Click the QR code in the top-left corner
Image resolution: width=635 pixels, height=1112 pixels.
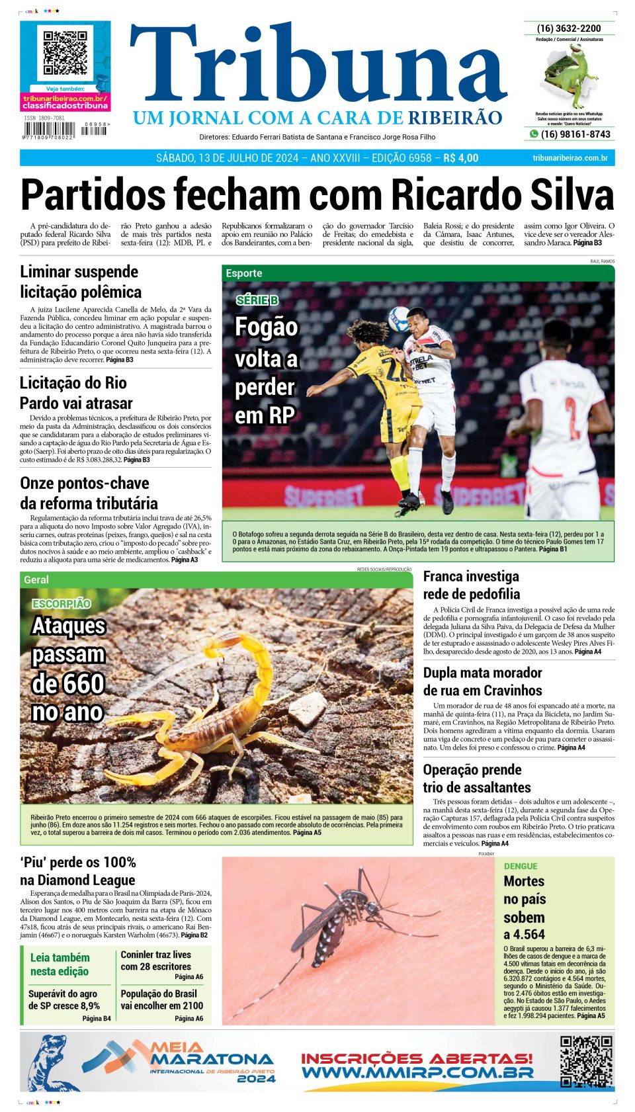tap(65, 52)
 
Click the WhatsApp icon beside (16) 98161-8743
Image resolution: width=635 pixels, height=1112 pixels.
tap(534, 134)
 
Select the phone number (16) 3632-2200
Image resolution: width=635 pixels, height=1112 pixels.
tap(569, 28)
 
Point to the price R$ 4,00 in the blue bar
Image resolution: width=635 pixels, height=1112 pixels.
tap(460, 158)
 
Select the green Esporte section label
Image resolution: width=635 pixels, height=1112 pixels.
tap(244, 273)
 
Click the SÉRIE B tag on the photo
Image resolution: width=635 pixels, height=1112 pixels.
tap(257, 300)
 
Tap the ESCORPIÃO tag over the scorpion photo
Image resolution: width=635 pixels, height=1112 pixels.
tap(62, 603)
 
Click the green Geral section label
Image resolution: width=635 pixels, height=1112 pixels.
tap(36, 579)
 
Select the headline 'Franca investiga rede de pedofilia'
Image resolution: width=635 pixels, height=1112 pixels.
tap(471, 585)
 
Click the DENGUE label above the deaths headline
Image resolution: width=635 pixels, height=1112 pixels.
tap(521, 866)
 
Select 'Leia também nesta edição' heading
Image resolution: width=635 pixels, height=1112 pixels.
tap(60, 964)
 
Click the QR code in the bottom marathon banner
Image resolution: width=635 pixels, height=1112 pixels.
tap(586, 1061)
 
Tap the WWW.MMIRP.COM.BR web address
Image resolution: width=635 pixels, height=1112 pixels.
tap(417, 1072)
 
